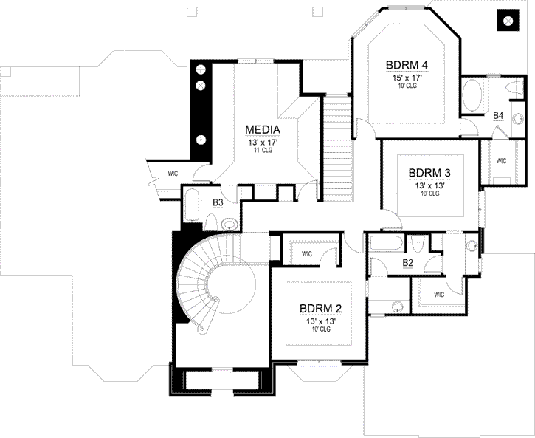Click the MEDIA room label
pyautogui.click(x=261, y=130)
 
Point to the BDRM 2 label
pyautogui.click(x=320, y=308)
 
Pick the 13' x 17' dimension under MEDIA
pyautogui.click(x=261, y=142)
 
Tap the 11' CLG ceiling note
pyautogui.click(x=261, y=151)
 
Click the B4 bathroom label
pyautogui.click(x=498, y=116)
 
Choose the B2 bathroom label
pyautogui.click(x=407, y=261)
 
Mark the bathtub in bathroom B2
pyautogui.click(x=386, y=244)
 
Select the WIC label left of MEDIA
pyautogui.click(x=172, y=174)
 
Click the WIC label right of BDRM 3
pyautogui.click(x=500, y=160)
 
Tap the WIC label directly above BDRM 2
pyautogui.click(x=306, y=253)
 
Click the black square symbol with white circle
pyautogui.click(x=508, y=21)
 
